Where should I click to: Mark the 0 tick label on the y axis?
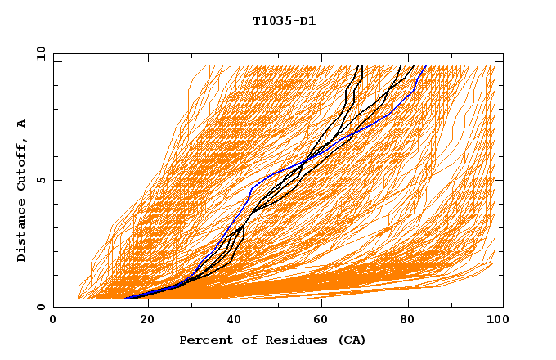(39, 307)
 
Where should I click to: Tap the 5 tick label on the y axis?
(39, 180)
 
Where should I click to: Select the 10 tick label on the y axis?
(39, 52)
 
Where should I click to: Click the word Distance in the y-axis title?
(22, 233)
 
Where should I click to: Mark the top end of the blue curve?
(425, 65)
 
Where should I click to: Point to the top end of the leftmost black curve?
(361, 65)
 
